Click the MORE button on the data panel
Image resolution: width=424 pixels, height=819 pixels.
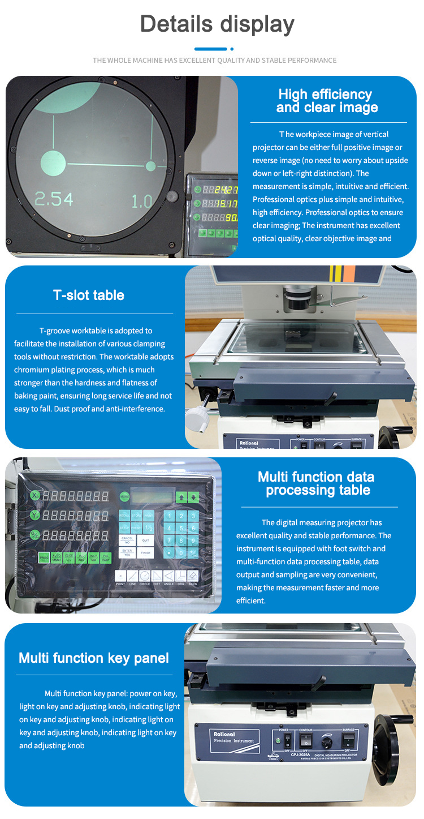tap(124, 497)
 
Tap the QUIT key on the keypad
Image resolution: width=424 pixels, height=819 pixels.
tap(145, 540)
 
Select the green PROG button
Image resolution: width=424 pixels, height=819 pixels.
tap(44, 557)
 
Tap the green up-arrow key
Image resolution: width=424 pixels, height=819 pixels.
tap(181, 497)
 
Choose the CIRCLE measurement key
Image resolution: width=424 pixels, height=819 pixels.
tap(145, 578)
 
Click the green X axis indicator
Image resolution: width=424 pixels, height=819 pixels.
tap(35, 496)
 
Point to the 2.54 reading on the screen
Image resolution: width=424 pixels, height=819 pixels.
tap(54, 199)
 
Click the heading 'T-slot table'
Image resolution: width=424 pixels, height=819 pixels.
tap(89, 295)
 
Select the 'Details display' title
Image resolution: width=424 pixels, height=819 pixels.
tap(217, 24)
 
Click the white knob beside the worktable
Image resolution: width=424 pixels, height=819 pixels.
tap(194, 419)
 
